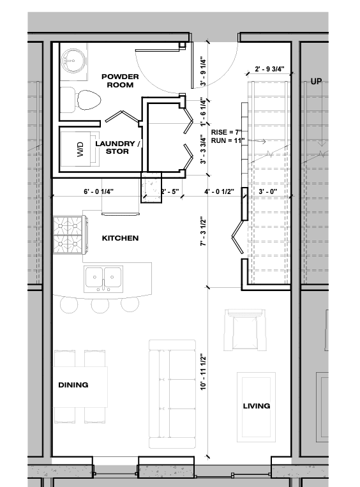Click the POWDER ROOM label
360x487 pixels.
[120, 81]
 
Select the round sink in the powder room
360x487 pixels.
[72, 60]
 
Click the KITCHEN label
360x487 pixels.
[120, 238]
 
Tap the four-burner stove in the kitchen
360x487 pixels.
[69, 235]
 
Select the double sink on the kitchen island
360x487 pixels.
[103, 278]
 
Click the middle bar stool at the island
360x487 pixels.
[100, 304]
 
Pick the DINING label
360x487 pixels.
[73, 385]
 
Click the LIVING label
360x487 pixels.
[256, 406]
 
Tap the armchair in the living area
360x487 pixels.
[245, 329]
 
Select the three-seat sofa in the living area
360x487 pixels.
[172, 394]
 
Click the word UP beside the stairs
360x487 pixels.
[316, 81]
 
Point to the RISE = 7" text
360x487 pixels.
[227, 132]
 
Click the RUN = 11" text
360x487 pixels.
[228, 140]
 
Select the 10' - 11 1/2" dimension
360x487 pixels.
[204, 371]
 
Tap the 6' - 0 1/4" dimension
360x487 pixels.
[98, 191]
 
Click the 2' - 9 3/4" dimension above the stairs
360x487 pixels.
[269, 69]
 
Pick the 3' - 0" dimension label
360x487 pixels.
[267, 191]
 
